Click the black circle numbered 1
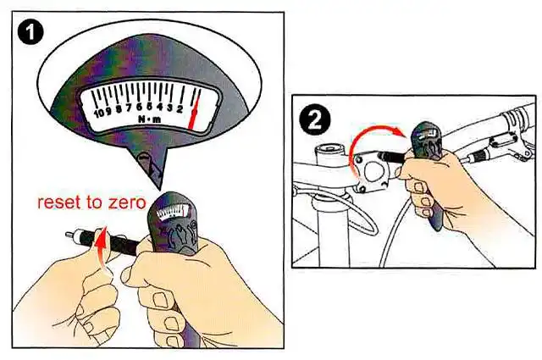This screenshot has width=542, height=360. [x=30, y=32]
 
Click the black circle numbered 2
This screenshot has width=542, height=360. [x=314, y=120]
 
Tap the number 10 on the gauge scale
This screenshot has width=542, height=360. [x=99, y=113]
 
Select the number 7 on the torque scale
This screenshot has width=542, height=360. [x=129, y=109]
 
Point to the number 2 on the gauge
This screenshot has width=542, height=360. [x=180, y=109]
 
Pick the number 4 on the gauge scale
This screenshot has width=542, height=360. [x=159, y=108]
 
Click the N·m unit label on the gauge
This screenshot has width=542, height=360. [x=150, y=119]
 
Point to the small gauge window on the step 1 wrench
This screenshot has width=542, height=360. [x=174, y=212]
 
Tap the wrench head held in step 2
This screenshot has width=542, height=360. [x=427, y=141]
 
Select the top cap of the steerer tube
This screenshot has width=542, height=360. [x=329, y=151]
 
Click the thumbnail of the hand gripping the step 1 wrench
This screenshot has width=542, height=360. [x=160, y=300]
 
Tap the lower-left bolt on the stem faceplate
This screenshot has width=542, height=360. [x=362, y=189]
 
